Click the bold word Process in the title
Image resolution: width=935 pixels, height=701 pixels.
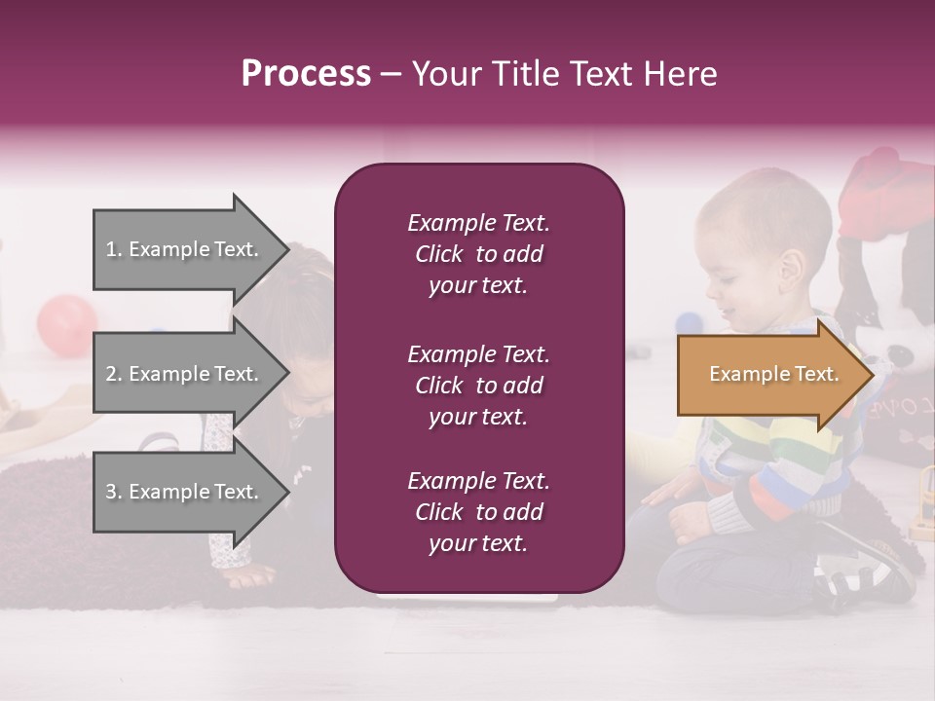coord(306,74)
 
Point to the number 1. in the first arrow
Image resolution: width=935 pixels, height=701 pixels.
coord(114,249)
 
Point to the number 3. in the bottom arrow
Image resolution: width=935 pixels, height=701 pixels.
coord(114,492)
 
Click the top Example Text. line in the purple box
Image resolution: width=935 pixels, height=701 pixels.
coord(478,223)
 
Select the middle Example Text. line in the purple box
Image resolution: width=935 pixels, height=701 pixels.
coord(478,354)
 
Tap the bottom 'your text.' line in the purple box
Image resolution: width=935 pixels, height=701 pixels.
coord(478,544)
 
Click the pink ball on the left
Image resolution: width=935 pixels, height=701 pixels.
coord(66,321)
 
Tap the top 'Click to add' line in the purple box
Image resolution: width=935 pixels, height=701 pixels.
coord(478,254)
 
